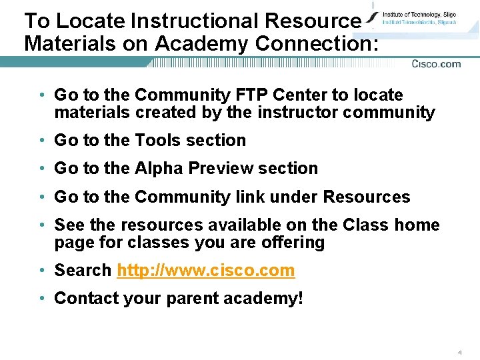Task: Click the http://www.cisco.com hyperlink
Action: [205, 271]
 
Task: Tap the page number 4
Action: [460, 351]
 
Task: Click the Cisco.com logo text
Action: [436, 64]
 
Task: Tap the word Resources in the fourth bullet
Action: [367, 197]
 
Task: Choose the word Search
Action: [83, 271]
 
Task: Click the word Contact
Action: [86, 298]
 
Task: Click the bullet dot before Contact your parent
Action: [42, 299]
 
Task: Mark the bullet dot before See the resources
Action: [42, 225]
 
